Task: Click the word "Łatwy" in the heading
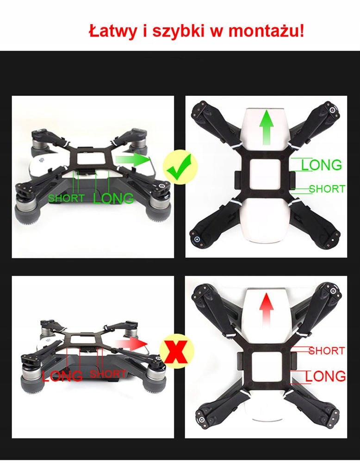pyautogui.click(x=113, y=31)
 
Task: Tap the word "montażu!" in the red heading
pyautogui.click(x=266, y=31)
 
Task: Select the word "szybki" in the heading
pyautogui.click(x=178, y=32)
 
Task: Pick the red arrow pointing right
pyautogui.click(x=131, y=344)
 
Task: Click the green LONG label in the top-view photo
pyautogui.click(x=321, y=165)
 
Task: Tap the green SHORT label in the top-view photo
pyautogui.click(x=327, y=189)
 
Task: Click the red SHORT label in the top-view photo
pyautogui.click(x=327, y=351)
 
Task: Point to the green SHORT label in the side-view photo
pyautogui.click(x=66, y=198)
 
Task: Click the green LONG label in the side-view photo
pyautogui.click(x=113, y=198)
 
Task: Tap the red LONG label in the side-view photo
pyautogui.click(x=62, y=376)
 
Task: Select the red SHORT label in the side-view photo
pyautogui.click(x=108, y=374)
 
